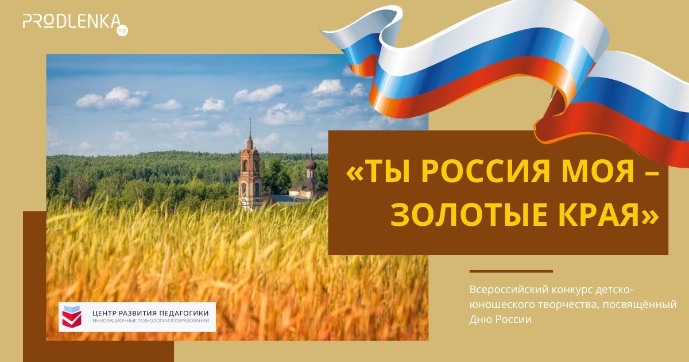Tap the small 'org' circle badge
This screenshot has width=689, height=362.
[121, 29]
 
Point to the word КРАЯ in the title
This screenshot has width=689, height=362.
[608, 215]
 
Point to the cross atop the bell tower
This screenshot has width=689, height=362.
[250, 124]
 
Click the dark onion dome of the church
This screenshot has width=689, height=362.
[311, 164]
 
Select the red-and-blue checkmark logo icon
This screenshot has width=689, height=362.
[72, 317]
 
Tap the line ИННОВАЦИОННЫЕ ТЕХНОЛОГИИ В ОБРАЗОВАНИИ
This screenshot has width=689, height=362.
[150, 321]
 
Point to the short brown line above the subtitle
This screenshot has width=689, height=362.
[511, 271]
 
